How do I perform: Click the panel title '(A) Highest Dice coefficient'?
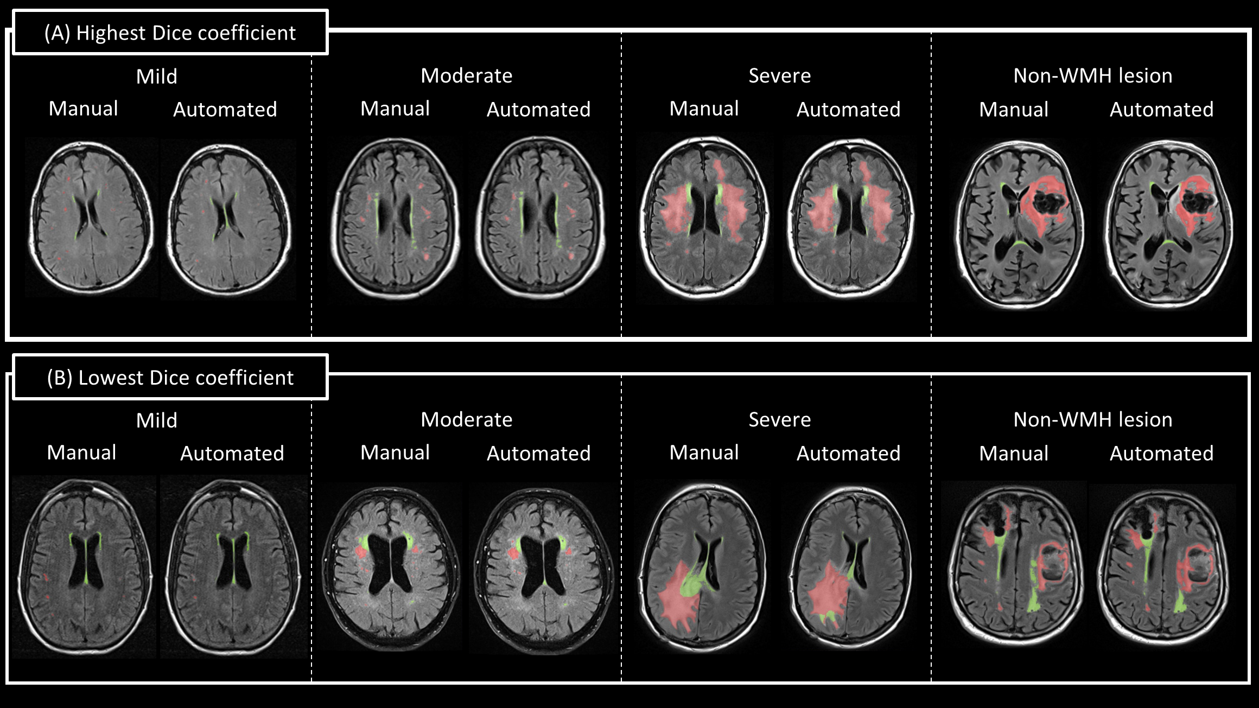(x=170, y=33)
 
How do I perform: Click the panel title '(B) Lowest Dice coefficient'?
(x=170, y=378)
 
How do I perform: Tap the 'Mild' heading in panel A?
(x=156, y=76)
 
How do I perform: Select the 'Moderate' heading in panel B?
(x=466, y=419)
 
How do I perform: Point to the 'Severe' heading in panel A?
(x=779, y=75)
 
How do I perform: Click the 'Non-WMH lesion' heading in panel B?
(x=1092, y=419)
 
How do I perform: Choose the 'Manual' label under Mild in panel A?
(x=83, y=109)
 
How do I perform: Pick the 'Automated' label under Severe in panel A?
(x=848, y=110)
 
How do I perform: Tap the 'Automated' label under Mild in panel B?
(x=232, y=454)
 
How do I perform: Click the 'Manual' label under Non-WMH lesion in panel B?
(x=1013, y=454)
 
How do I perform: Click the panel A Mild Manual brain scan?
(x=91, y=218)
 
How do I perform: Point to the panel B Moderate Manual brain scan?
(x=390, y=567)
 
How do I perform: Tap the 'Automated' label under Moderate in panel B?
(x=538, y=454)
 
